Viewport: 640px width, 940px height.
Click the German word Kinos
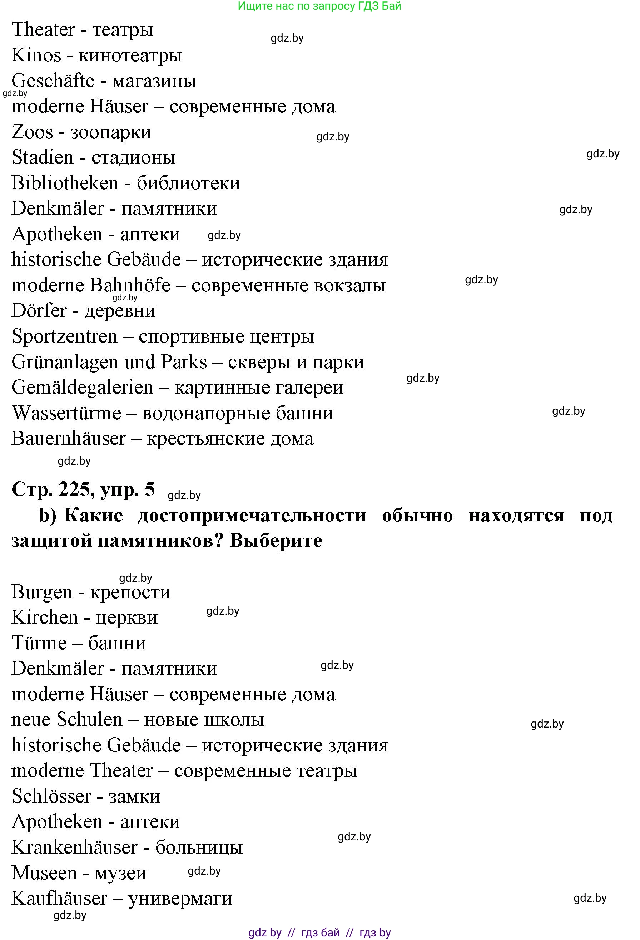(x=36, y=55)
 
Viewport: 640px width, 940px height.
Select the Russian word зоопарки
(x=110, y=132)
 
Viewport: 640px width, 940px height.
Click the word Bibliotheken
(x=65, y=183)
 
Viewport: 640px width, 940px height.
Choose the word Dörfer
(x=39, y=311)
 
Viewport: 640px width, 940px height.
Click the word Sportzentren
(x=64, y=336)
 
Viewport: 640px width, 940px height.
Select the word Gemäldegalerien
(x=82, y=387)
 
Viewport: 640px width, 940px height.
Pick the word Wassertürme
(x=66, y=413)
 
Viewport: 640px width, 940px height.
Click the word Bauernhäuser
(x=68, y=439)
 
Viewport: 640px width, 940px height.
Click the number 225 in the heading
(x=74, y=489)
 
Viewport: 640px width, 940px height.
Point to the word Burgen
(x=42, y=592)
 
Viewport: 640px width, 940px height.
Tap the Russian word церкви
(x=126, y=617)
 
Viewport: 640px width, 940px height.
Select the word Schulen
(x=89, y=720)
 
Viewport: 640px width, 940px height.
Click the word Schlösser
(x=51, y=796)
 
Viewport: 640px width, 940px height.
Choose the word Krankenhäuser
(x=74, y=847)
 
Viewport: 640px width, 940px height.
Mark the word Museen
(x=44, y=873)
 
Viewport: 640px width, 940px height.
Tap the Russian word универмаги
(x=180, y=899)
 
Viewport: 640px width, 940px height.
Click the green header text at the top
(x=319, y=6)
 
